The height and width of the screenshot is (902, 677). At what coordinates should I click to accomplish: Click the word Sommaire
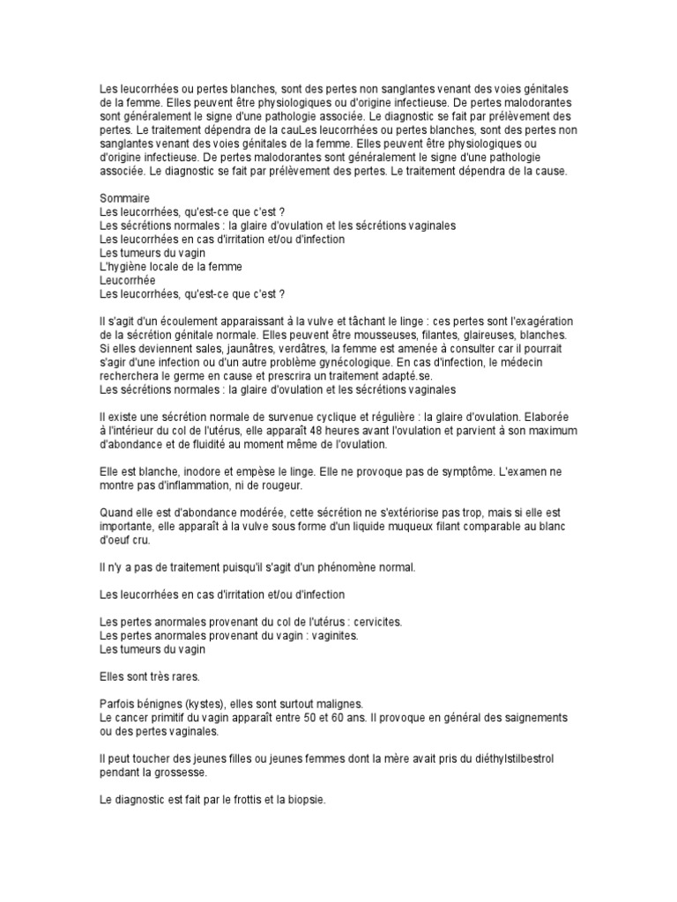123,198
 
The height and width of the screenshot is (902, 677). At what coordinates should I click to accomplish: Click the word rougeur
280,484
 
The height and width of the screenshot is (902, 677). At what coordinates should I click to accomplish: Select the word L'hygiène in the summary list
123,267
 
